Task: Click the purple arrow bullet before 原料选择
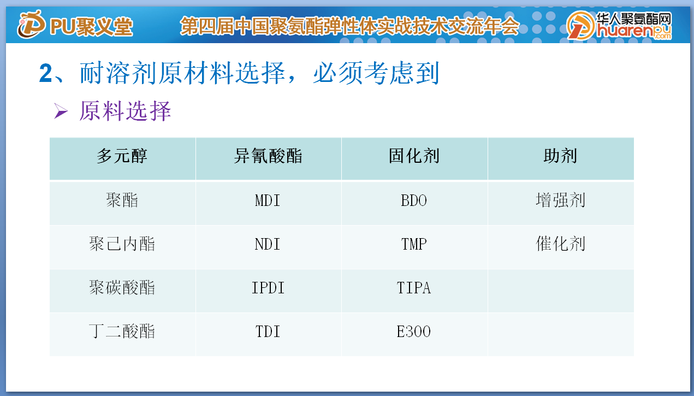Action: coord(61,111)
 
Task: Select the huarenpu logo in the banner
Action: coord(619,26)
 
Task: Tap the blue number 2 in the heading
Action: coord(45,73)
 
